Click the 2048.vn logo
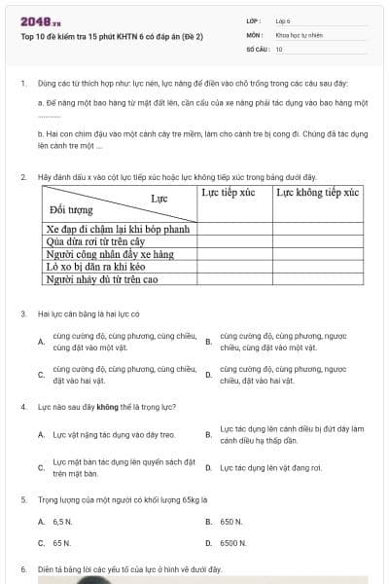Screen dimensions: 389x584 (41, 20)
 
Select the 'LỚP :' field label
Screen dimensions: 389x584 (255, 20)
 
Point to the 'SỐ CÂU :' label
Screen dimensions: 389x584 (258, 48)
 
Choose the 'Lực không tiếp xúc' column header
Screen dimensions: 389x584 (317, 193)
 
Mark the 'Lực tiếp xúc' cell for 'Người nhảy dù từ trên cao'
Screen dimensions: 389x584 (233, 279)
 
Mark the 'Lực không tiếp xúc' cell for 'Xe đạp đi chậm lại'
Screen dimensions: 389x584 (317, 229)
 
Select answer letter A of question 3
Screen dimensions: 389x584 (40, 342)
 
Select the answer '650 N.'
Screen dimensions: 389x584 (231, 522)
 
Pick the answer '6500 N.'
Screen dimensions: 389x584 (233, 543)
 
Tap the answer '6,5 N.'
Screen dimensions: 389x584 (62, 522)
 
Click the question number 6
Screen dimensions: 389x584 (22, 568)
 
